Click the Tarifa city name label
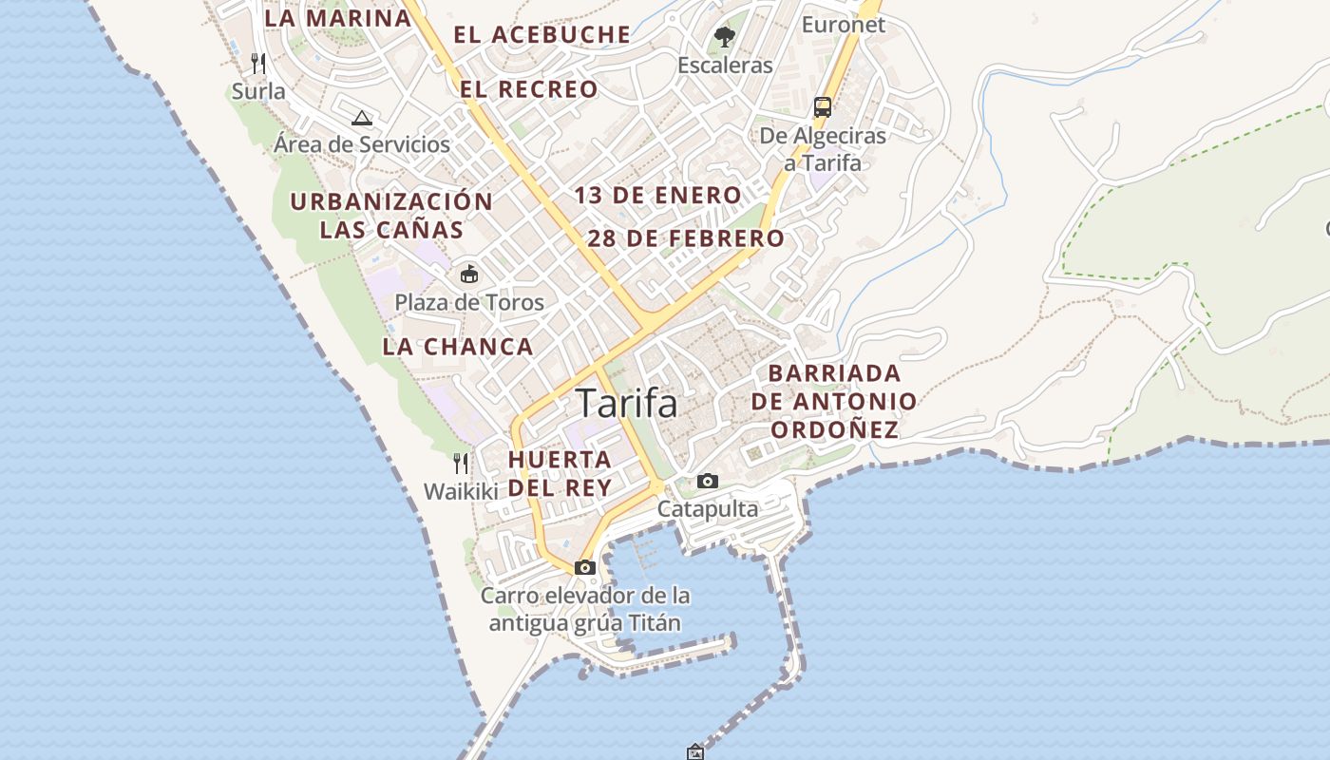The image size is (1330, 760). (627, 404)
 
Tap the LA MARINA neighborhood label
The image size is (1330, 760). (337, 18)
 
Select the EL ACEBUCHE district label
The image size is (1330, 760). (541, 35)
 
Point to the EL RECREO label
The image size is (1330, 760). (529, 89)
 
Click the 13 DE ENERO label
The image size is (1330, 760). (657, 196)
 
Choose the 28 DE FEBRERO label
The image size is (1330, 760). (686, 238)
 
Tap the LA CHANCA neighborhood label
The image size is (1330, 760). (458, 347)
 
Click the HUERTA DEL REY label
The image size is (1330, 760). (560, 473)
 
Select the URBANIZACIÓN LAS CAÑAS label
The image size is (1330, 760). (391, 216)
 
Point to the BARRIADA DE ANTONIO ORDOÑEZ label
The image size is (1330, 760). (834, 401)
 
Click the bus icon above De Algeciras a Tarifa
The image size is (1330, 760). (823, 106)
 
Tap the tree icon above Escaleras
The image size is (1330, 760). (725, 37)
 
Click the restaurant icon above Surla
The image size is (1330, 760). (258, 64)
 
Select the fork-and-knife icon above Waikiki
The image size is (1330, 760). (461, 464)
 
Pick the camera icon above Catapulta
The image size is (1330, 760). (708, 482)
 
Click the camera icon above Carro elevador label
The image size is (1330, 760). (585, 568)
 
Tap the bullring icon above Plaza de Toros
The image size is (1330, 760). (469, 275)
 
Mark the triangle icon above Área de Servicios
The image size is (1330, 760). (361, 118)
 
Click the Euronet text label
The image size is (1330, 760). (843, 25)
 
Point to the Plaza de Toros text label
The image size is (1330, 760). (469, 303)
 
